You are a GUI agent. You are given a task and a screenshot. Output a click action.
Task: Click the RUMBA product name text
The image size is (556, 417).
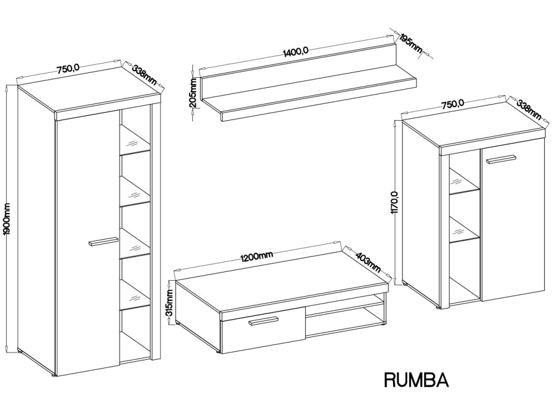[416, 379]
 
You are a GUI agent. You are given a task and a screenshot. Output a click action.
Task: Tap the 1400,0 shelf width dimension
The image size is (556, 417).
[295, 52]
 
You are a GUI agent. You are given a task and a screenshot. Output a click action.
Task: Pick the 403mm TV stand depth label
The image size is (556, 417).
[368, 262]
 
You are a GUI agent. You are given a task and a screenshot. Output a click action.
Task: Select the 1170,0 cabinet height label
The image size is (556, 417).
[395, 202]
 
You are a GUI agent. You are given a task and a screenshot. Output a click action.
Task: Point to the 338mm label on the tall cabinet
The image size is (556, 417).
[144, 75]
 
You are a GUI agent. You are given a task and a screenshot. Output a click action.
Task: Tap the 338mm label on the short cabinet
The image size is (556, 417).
[528, 110]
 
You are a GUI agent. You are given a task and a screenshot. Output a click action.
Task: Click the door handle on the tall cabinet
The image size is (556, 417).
[103, 241]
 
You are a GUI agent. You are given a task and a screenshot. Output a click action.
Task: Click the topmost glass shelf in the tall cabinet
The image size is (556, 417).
[136, 140]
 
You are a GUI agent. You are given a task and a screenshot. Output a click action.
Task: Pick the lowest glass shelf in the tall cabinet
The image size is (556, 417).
[136, 295]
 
